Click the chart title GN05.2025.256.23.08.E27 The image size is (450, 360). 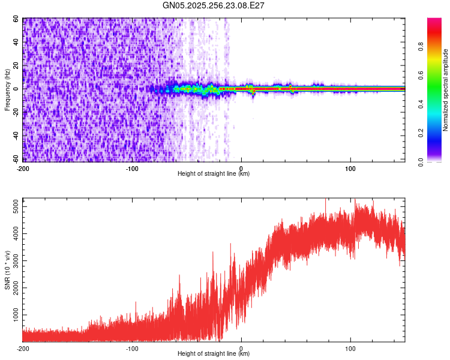point(214,5)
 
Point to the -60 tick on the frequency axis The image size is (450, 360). point(16,159)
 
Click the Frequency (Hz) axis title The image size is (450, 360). point(8,89)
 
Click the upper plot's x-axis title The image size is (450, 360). point(214,174)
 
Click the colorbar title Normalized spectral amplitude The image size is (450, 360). point(446,90)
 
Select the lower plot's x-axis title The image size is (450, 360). point(214,354)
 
